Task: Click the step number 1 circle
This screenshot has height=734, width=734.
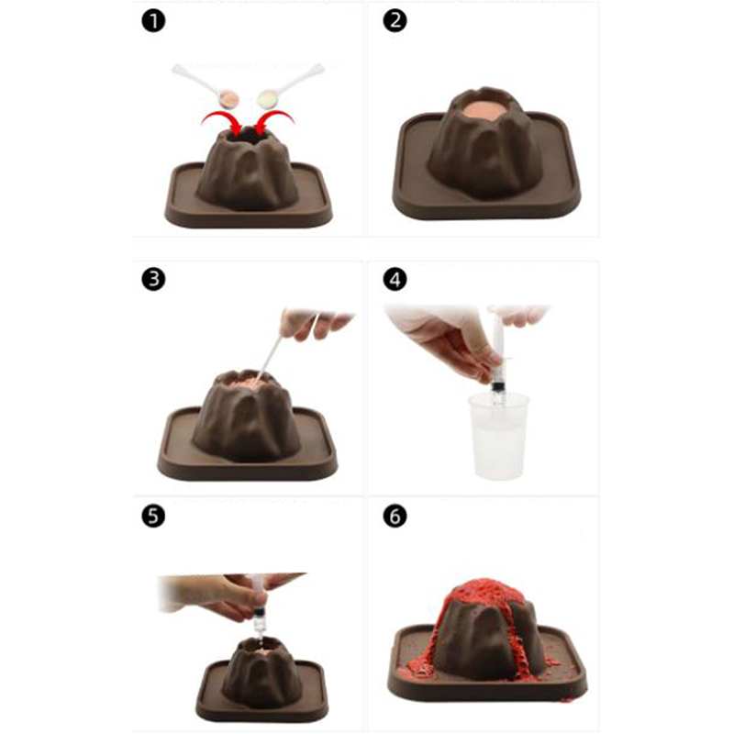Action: point(153,21)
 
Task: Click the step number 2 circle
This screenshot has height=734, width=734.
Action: point(395,21)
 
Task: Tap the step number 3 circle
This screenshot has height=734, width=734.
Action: point(153,280)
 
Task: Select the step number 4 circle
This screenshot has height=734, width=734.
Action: point(395,280)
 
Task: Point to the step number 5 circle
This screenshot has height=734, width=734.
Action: point(153,517)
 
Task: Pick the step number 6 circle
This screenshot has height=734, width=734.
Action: point(395,517)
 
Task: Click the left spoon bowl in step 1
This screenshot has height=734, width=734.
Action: point(228,99)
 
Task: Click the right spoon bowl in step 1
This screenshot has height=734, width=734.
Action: point(267,99)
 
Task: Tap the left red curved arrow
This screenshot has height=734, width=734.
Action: point(221,121)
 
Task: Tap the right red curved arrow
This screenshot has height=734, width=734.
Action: point(274,121)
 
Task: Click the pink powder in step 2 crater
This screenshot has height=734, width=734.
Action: point(485,111)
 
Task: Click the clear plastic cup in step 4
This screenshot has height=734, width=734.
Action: point(498,435)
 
